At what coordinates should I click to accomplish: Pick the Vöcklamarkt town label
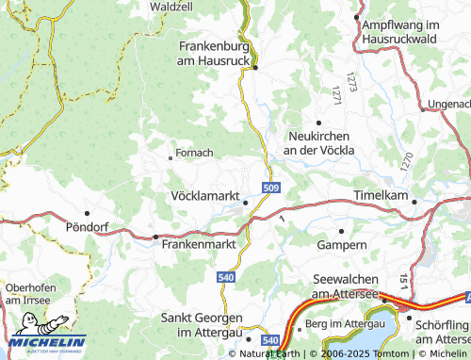204,197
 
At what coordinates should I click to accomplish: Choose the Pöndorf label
88,227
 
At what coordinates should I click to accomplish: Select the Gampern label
342,244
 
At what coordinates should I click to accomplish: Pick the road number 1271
334,94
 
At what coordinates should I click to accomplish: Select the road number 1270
407,161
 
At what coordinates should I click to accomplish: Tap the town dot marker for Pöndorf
88,213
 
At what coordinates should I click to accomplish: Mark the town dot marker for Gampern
341,230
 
